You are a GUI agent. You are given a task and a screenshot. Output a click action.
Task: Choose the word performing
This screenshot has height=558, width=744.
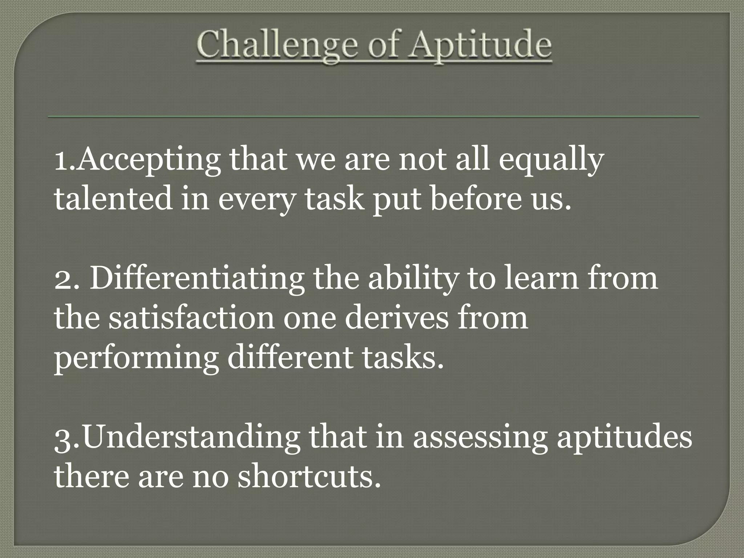click(x=136, y=358)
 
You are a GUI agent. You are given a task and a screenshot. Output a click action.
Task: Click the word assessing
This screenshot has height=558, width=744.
click(x=480, y=438)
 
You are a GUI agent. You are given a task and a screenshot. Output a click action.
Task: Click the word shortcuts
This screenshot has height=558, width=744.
click(x=309, y=476)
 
